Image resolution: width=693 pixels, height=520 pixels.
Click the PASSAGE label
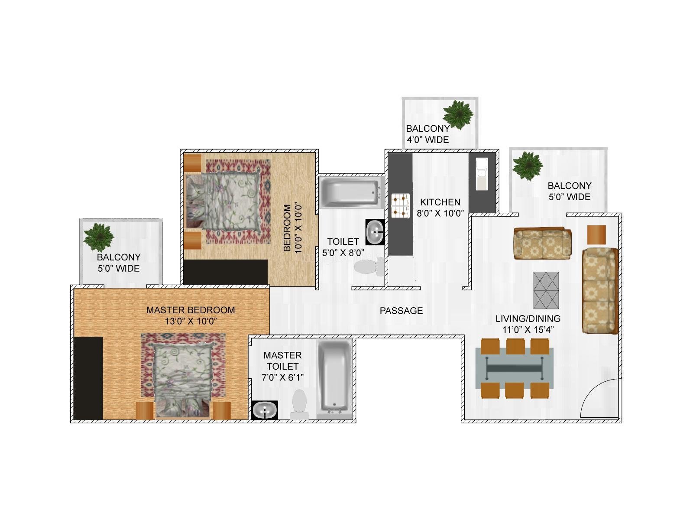[401, 311]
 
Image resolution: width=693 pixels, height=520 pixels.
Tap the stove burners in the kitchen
[401, 206]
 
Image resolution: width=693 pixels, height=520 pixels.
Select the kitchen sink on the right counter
[482, 174]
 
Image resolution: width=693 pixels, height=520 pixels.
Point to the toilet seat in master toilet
[299, 404]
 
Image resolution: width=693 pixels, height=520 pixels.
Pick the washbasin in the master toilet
[265, 410]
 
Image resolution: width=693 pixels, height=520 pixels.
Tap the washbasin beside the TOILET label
[375, 232]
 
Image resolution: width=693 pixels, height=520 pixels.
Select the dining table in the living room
[514, 368]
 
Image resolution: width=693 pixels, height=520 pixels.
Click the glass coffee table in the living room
[546, 290]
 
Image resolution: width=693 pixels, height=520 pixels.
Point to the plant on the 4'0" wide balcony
[458, 115]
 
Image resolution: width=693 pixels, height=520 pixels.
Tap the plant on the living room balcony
[527, 166]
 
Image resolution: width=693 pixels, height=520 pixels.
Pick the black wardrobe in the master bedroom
[88, 378]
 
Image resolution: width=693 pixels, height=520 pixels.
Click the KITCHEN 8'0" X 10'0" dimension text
[440, 213]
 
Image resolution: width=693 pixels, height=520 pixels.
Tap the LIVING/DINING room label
[528, 318]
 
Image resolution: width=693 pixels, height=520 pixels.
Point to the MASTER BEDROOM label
[191, 310]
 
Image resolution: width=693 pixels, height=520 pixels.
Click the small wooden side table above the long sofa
[596, 234]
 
